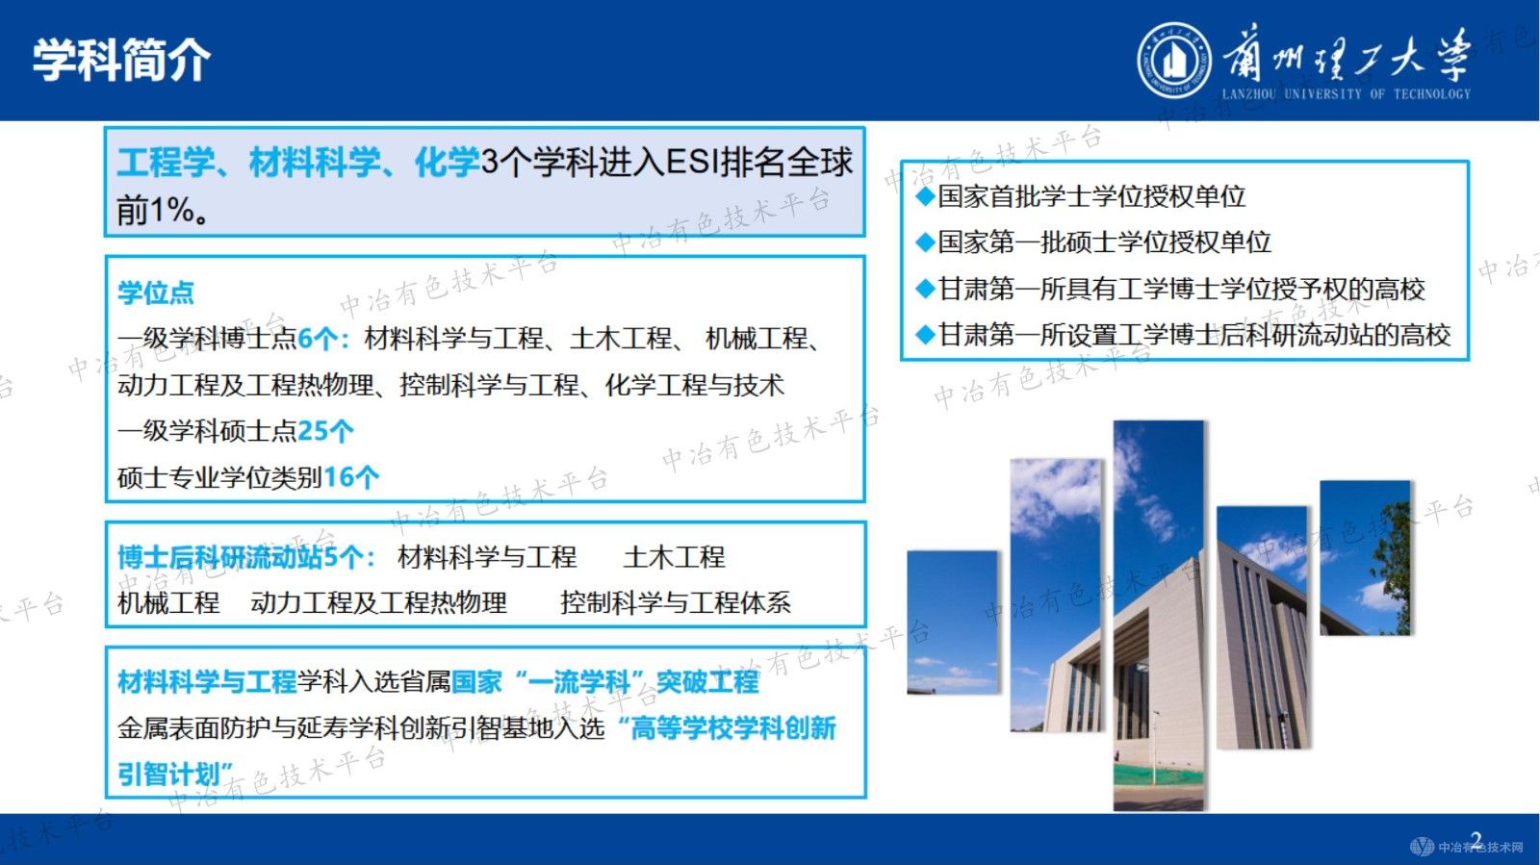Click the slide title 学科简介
[121, 60]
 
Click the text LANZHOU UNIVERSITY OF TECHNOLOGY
[1346, 94]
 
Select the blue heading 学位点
[156, 293]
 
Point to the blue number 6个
[319, 339]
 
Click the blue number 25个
[325, 430]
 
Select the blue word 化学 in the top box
[447, 162]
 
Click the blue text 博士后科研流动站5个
[241, 557]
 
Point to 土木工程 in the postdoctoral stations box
[674, 557]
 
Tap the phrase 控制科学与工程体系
[675, 603]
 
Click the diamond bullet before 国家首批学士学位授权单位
[925, 196]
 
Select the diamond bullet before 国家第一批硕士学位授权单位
[925, 242]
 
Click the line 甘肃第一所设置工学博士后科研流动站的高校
[1193, 335]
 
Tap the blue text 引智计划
[173, 774]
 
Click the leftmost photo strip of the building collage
[952, 622]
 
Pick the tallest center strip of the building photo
[1158, 616]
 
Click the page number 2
[1476, 840]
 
